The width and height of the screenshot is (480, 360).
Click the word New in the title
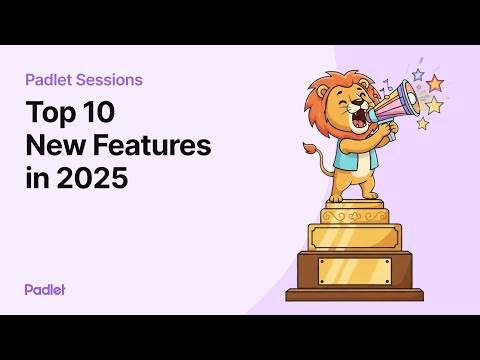point(53,146)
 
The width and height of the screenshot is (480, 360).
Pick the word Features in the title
point(149,146)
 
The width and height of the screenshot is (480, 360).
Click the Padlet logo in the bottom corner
point(45,289)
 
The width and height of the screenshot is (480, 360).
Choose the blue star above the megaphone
point(417,74)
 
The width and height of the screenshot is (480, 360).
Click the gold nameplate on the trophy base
point(354,268)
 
